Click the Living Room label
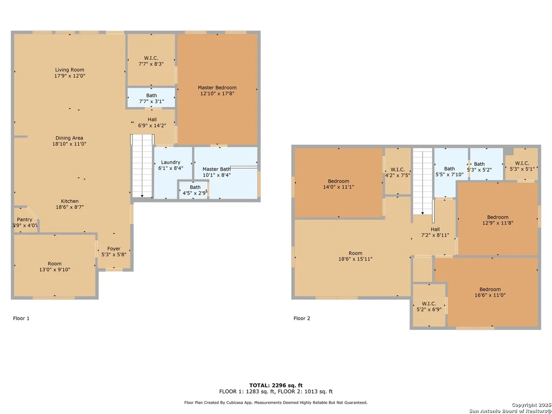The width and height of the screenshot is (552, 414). tap(70, 70)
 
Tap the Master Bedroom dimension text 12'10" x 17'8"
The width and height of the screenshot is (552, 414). tap(217, 94)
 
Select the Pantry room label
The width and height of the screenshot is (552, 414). tap(24, 219)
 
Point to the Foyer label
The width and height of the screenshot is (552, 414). tap(114, 249)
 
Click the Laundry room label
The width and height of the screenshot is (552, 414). tap(171, 162)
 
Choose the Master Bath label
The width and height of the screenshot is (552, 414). tap(217, 169)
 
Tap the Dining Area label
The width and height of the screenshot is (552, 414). tap(69, 138)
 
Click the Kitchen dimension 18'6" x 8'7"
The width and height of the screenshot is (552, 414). tap(70, 207)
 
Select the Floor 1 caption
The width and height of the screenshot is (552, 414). tap(21, 318)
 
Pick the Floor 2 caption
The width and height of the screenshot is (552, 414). tap(302, 318)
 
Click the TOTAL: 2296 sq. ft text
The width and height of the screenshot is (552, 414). tap(276, 386)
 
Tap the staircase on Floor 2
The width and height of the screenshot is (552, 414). tap(422, 181)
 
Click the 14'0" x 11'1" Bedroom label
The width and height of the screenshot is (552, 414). tap(339, 184)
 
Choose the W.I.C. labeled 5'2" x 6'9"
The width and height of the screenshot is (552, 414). tap(429, 306)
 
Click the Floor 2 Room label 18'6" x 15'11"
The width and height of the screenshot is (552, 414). tap(356, 256)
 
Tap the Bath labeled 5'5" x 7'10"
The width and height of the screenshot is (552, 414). tap(449, 171)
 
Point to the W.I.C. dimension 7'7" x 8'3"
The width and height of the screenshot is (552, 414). tap(151, 64)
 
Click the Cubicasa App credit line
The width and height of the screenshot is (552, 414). tap(276, 403)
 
